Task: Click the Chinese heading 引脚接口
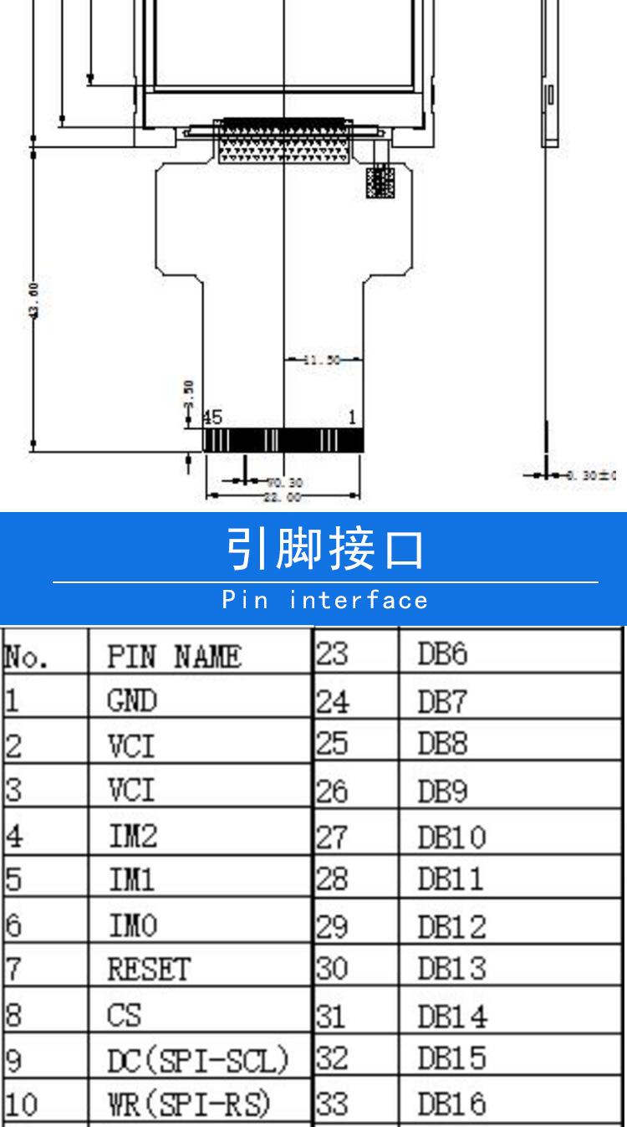(325, 550)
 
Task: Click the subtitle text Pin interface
(325, 600)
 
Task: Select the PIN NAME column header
(174, 658)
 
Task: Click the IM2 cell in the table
(132, 834)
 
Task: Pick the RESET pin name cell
(149, 970)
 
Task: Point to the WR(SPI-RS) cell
(189, 1105)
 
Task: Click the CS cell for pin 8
(124, 1015)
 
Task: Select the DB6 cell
(442, 655)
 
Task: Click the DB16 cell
(451, 1105)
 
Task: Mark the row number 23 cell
(332, 654)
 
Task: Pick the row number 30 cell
(332, 969)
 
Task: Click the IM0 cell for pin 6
(132, 925)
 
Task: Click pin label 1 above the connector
(353, 417)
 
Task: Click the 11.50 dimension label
(322, 361)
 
